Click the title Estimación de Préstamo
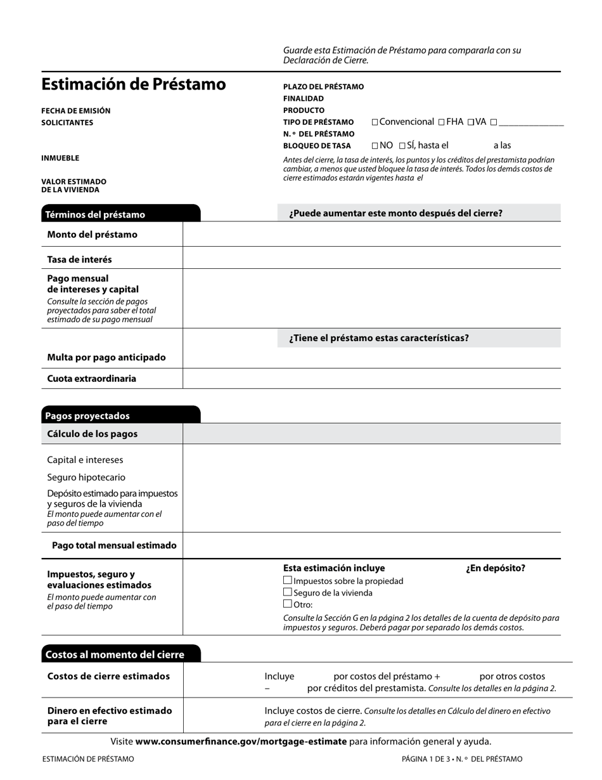tap(133, 84)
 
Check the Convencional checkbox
tap(375, 122)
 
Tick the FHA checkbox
tap(441, 122)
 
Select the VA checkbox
tap(470, 122)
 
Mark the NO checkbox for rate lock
tap(375, 146)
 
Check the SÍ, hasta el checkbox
tap(402, 146)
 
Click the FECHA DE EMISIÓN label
tap(75, 111)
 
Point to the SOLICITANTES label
tap(67, 122)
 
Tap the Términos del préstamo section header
tap(95, 214)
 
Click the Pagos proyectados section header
tap(87, 416)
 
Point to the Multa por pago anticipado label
tap(106, 358)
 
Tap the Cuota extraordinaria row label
tap(91, 379)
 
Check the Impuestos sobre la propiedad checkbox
tap(288, 580)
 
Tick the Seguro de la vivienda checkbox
tap(288, 592)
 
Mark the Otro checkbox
tap(288, 604)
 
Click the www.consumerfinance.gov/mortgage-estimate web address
tap(241, 741)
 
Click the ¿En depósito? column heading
tap(496, 568)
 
